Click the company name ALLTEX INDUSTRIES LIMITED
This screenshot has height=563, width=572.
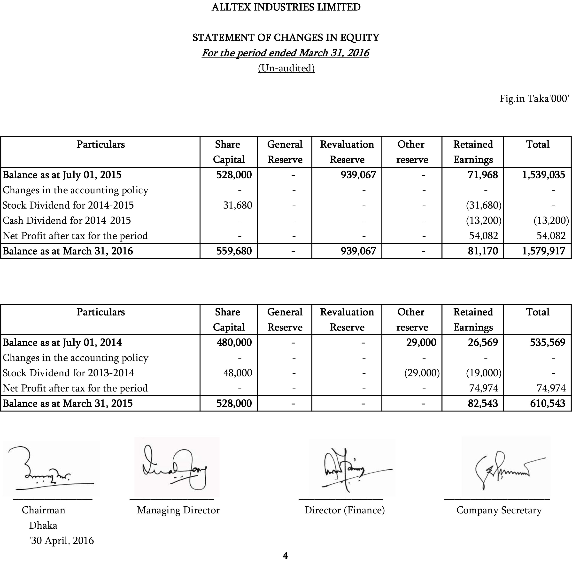click(286, 7)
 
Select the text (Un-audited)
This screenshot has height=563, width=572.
click(286, 68)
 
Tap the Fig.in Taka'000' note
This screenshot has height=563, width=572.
click(534, 98)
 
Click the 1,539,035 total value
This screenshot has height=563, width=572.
click(543, 175)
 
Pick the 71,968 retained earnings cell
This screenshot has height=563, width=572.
click(483, 175)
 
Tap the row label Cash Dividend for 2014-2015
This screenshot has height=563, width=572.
click(67, 221)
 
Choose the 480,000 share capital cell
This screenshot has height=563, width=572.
click(234, 342)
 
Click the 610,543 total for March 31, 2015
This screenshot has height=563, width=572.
click(548, 403)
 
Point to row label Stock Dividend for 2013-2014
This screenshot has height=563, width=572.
click(68, 373)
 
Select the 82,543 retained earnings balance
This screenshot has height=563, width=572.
click(483, 403)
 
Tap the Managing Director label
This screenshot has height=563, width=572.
click(178, 510)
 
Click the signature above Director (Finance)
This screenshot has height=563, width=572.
click(349, 469)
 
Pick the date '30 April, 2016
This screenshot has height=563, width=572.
click(62, 540)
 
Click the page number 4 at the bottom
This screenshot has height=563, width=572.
click(285, 556)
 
